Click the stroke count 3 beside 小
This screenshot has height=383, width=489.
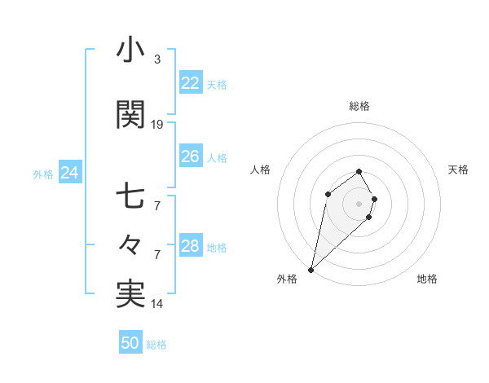click(x=156, y=59)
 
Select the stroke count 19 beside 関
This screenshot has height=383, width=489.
click(x=157, y=124)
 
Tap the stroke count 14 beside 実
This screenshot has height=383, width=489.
click(x=157, y=304)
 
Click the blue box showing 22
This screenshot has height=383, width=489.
click(x=190, y=83)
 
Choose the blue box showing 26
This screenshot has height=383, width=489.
click(x=190, y=156)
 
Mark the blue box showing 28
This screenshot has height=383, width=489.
click(x=190, y=246)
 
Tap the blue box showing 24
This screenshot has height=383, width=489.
click(x=69, y=173)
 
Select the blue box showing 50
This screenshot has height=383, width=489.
click(x=130, y=343)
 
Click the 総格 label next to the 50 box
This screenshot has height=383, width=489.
click(x=156, y=345)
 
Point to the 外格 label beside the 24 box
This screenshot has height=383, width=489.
click(x=43, y=174)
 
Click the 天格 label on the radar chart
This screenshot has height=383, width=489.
click(x=458, y=169)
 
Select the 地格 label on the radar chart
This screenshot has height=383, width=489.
click(x=427, y=279)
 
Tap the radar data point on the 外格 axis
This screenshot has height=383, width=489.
click(x=311, y=269)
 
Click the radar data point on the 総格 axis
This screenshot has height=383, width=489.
click(x=359, y=171)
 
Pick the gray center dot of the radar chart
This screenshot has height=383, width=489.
click(x=359, y=203)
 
